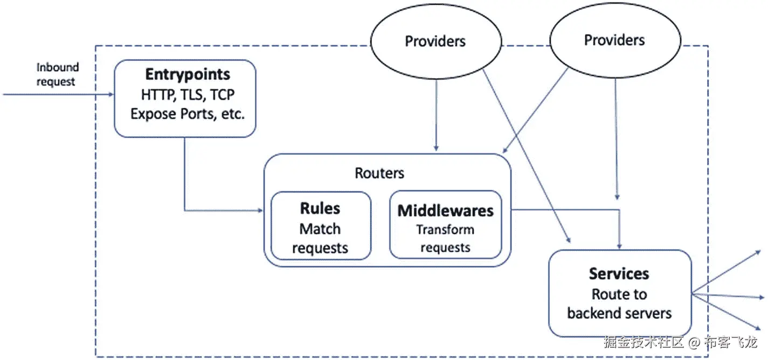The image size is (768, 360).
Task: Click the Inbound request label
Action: (57, 74)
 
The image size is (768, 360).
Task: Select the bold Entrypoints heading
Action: (188, 74)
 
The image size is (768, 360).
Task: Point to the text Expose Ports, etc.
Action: (188, 114)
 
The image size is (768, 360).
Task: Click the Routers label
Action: (379, 173)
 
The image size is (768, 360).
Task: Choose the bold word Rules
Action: (320, 209)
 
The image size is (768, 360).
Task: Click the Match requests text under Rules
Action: (320, 238)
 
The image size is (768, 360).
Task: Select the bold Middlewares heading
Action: (445, 211)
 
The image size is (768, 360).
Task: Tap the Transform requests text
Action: (445, 238)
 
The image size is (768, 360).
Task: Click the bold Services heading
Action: (619, 274)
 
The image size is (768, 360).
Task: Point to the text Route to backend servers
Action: (619, 303)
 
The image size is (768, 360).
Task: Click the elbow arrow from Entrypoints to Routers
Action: (185, 178)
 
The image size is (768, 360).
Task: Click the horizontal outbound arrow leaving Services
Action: (728, 296)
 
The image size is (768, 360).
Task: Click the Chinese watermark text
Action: (680, 342)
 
